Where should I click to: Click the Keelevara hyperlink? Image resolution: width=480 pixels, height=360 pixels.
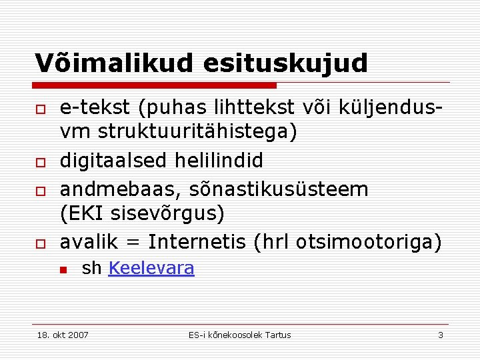click(151, 269)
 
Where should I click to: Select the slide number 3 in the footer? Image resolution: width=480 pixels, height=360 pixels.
click(441, 335)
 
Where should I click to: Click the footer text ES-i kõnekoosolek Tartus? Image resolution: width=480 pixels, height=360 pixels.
click(240, 335)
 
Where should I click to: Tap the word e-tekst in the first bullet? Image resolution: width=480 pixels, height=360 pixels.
click(94, 107)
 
